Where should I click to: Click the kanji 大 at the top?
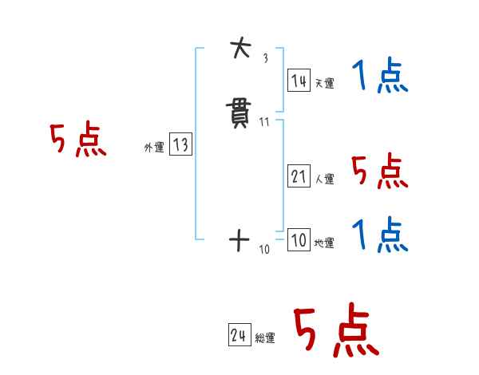(239, 50)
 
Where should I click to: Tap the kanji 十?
(239, 240)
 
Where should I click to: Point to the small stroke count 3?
(264, 59)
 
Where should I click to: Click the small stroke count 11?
(264, 122)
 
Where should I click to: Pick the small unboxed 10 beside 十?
(264, 250)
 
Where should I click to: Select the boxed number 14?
(299, 80)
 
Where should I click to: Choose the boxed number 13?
(180, 144)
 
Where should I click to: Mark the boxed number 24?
(239, 336)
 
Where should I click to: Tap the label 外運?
(154, 148)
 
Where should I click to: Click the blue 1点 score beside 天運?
(380, 77)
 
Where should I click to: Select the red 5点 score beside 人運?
(380, 172)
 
